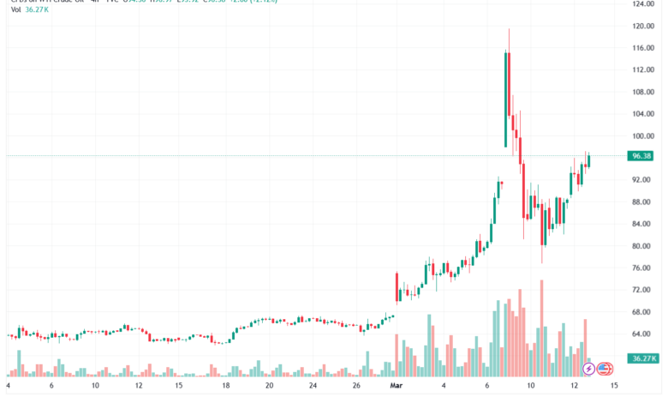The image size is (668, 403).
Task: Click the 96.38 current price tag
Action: [642, 156]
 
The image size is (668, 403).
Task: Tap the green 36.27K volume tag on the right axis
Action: [642, 358]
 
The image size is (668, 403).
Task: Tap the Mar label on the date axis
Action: [397, 386]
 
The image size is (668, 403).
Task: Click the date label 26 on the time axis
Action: [355, 386]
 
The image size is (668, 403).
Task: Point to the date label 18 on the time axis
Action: [225, 386]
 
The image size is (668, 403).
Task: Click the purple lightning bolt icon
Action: [589, 369]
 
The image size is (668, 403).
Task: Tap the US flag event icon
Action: [604, 369]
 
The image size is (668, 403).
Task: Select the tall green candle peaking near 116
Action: [507, 99]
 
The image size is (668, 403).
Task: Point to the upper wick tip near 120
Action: [510, 30]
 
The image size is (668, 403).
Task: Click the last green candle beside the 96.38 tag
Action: [588, 159]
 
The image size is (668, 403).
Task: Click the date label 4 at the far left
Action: [8, 386]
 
